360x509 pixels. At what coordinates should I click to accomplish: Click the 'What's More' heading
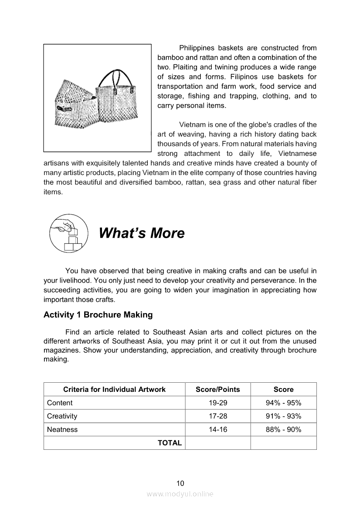coord(142,233)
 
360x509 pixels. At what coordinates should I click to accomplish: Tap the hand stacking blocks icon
coord(69,233)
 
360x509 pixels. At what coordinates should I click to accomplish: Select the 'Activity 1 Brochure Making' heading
coord(98,314)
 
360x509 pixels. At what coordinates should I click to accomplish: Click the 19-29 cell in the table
coord(218,403)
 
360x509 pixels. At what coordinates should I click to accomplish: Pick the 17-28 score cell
coord(218,416)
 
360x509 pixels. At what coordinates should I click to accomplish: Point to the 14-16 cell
coord(218,430)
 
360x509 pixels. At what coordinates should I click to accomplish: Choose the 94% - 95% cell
coord(283,403)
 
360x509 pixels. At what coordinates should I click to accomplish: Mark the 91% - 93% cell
coord(283,416)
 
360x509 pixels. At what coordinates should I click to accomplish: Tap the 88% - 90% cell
coord(283,430)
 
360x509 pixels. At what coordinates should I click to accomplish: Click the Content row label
coord(60,403)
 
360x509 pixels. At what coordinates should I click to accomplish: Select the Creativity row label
coord(62,416)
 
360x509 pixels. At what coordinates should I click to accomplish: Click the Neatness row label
coord(62,430)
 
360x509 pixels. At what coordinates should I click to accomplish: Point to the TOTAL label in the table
coord(170,443)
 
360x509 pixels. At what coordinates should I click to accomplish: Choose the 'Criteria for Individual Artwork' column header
coord(114,389)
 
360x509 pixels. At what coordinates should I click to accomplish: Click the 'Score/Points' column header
coord(218,389)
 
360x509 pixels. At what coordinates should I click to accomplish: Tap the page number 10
coord(180,483)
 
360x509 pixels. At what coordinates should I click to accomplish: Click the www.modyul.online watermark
coord(180,494)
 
